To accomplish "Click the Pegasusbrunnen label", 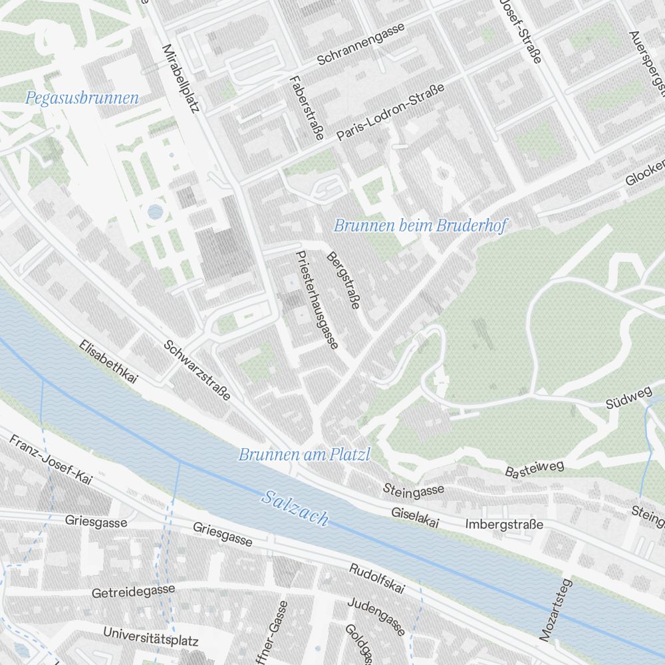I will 82,98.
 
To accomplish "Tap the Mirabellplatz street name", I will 181,78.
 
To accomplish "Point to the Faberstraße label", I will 306,107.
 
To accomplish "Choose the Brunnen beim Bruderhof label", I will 420,226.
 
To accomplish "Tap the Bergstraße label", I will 343,281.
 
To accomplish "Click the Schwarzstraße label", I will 197,370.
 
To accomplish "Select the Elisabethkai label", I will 108,362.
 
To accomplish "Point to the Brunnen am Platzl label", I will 304,455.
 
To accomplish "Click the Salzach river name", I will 295,507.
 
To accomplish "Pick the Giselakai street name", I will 416,518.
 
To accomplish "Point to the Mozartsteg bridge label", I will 556,610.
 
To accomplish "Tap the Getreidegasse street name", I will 134,591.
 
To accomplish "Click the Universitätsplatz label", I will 151,636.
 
